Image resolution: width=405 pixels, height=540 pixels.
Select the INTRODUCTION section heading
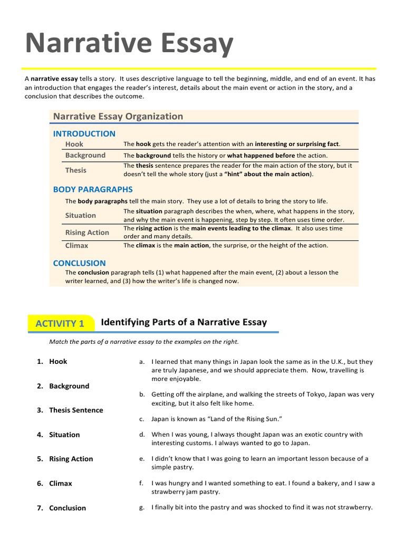click(84, 133)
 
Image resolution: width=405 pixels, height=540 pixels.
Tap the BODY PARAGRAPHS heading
click(93, 189)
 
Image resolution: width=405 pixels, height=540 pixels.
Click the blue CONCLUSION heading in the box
click(80, 263)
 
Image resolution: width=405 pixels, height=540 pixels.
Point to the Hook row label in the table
click(74, 144)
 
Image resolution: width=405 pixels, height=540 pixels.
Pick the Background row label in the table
click(85, 155)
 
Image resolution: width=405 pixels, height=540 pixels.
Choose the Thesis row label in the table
click(76, 170)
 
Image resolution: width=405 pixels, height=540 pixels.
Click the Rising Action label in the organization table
click(87, 233)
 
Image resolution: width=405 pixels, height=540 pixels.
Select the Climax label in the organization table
click(77, 245)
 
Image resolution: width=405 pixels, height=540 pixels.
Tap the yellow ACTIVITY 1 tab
click(60, 324)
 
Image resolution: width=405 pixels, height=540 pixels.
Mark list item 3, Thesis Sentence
click(76, 410)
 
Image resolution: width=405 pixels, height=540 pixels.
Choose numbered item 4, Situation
click(64, 435)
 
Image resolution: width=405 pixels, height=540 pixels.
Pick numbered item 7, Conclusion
click(67, 508)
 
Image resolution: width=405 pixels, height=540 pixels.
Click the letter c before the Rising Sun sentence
click(141, 419)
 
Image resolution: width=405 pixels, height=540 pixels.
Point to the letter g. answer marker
click(141, 507)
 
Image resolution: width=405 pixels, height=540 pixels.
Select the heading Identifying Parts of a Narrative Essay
click(184, 322)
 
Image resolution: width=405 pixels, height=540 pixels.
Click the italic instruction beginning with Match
click(143, 342)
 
